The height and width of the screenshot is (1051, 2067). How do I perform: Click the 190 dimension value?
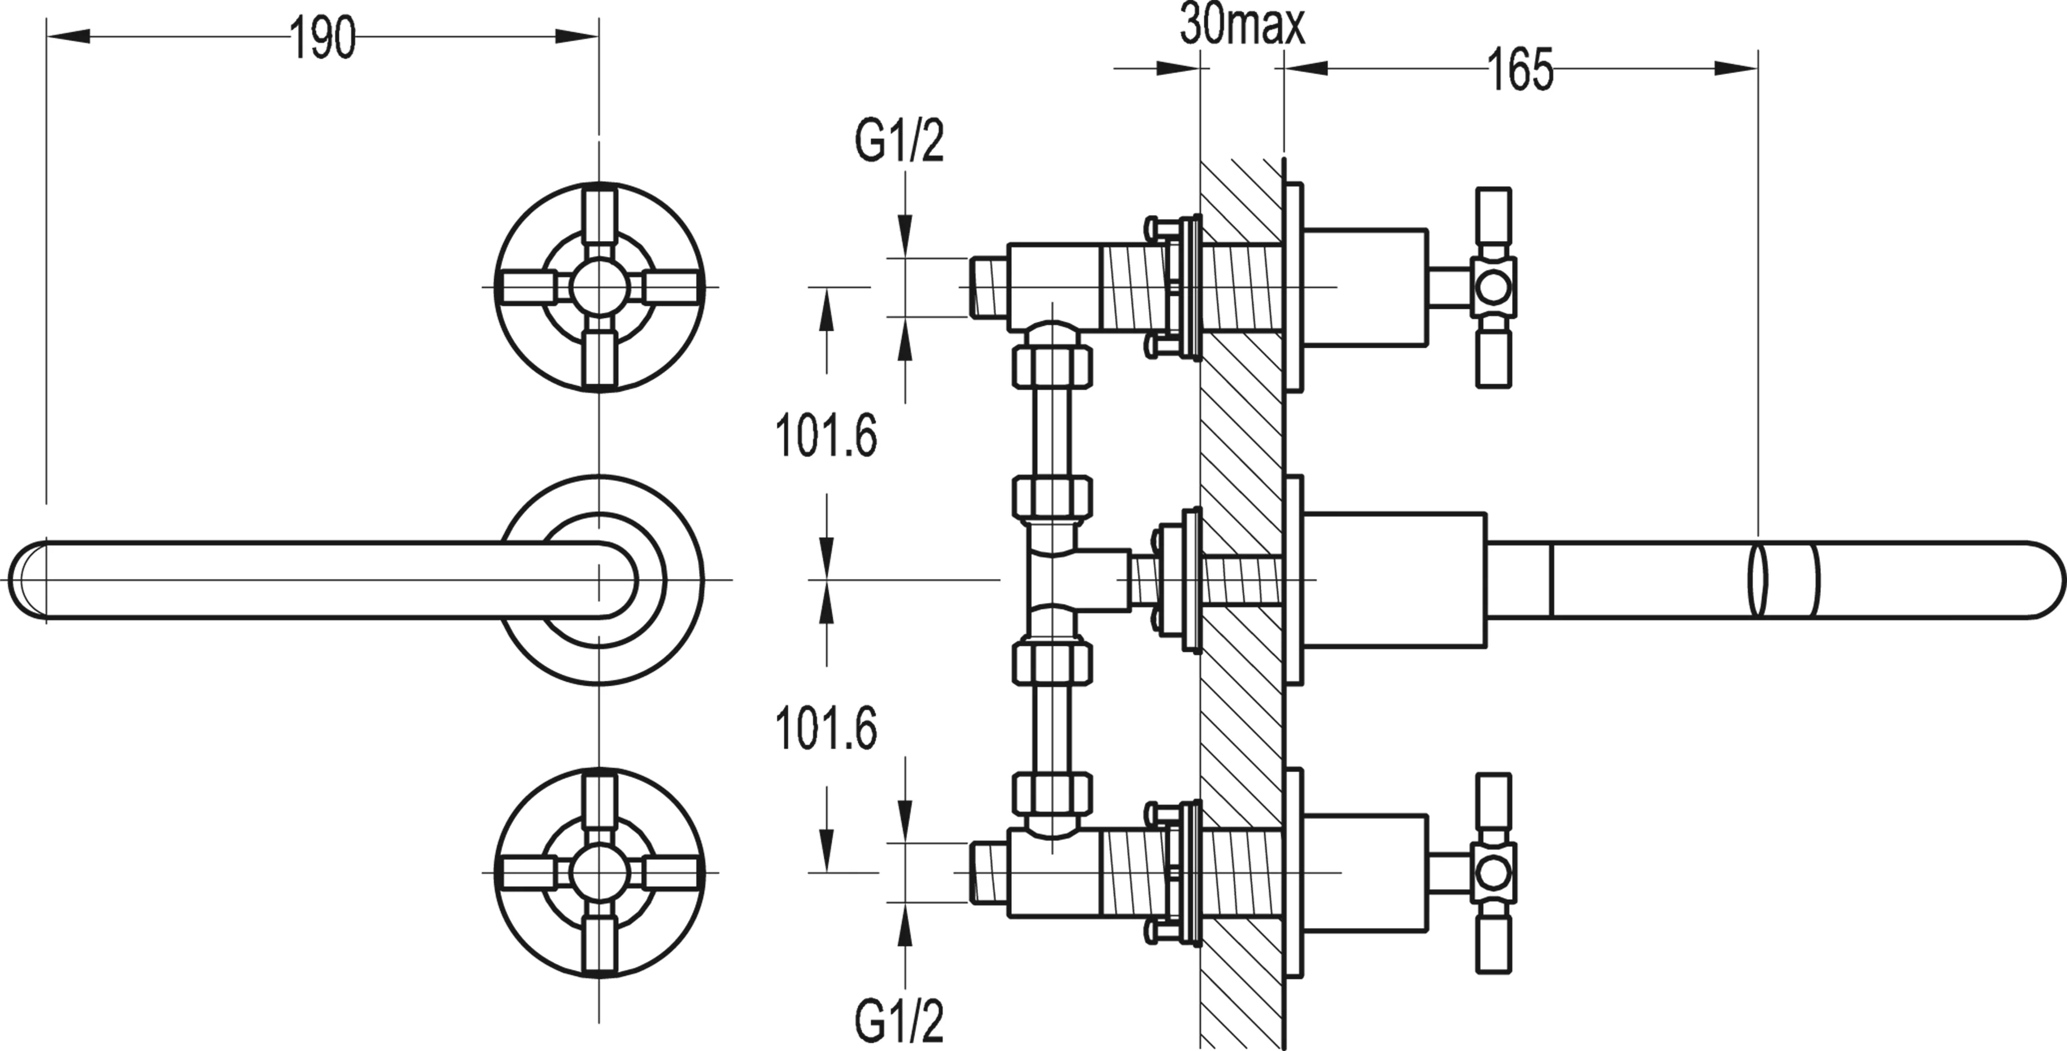tap(322, 38)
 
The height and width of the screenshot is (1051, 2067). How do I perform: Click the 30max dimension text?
tap(1242, 27)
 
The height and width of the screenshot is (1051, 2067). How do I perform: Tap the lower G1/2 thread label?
tap(899, 1021)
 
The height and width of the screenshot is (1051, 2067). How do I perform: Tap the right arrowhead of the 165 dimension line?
tap(1737, 69)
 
